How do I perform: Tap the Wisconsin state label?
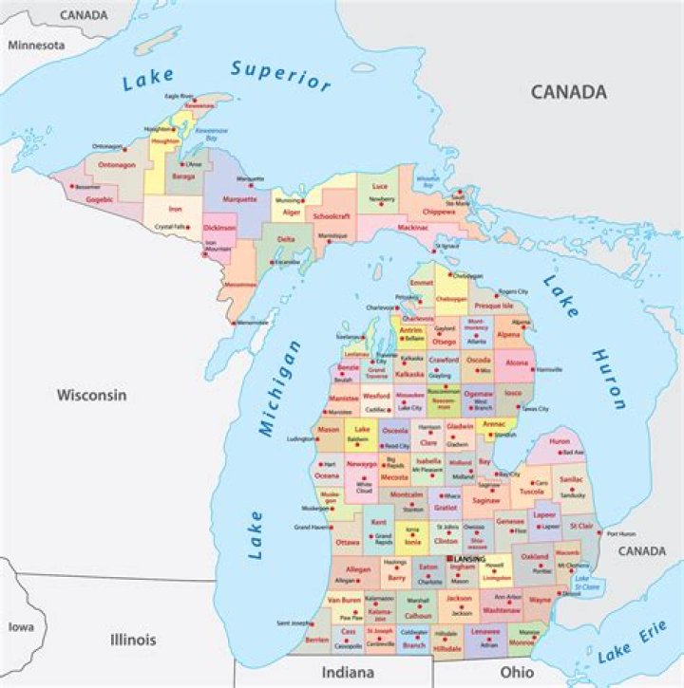click(91, 395)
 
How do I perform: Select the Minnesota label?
click(36, 45)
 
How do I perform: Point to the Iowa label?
click(20, 627)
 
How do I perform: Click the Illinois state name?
click(132, 640)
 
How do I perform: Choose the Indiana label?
click(349, 672)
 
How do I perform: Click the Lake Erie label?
click(633, 647)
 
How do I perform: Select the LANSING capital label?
click(469, 559)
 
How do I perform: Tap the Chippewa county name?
click(438, 212)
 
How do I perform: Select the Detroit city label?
click(570, 594)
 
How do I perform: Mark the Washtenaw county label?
click(502, 610)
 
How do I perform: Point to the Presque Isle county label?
click(493, 307)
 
